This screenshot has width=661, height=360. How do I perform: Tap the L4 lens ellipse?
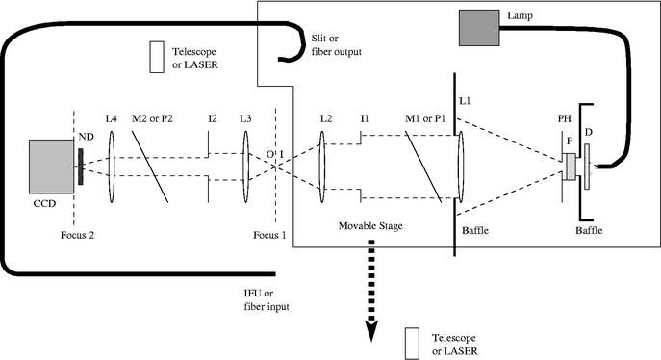(113, 168)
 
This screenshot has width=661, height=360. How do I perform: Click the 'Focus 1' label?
(270, 234)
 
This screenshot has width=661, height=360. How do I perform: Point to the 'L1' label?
(466, 100)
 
